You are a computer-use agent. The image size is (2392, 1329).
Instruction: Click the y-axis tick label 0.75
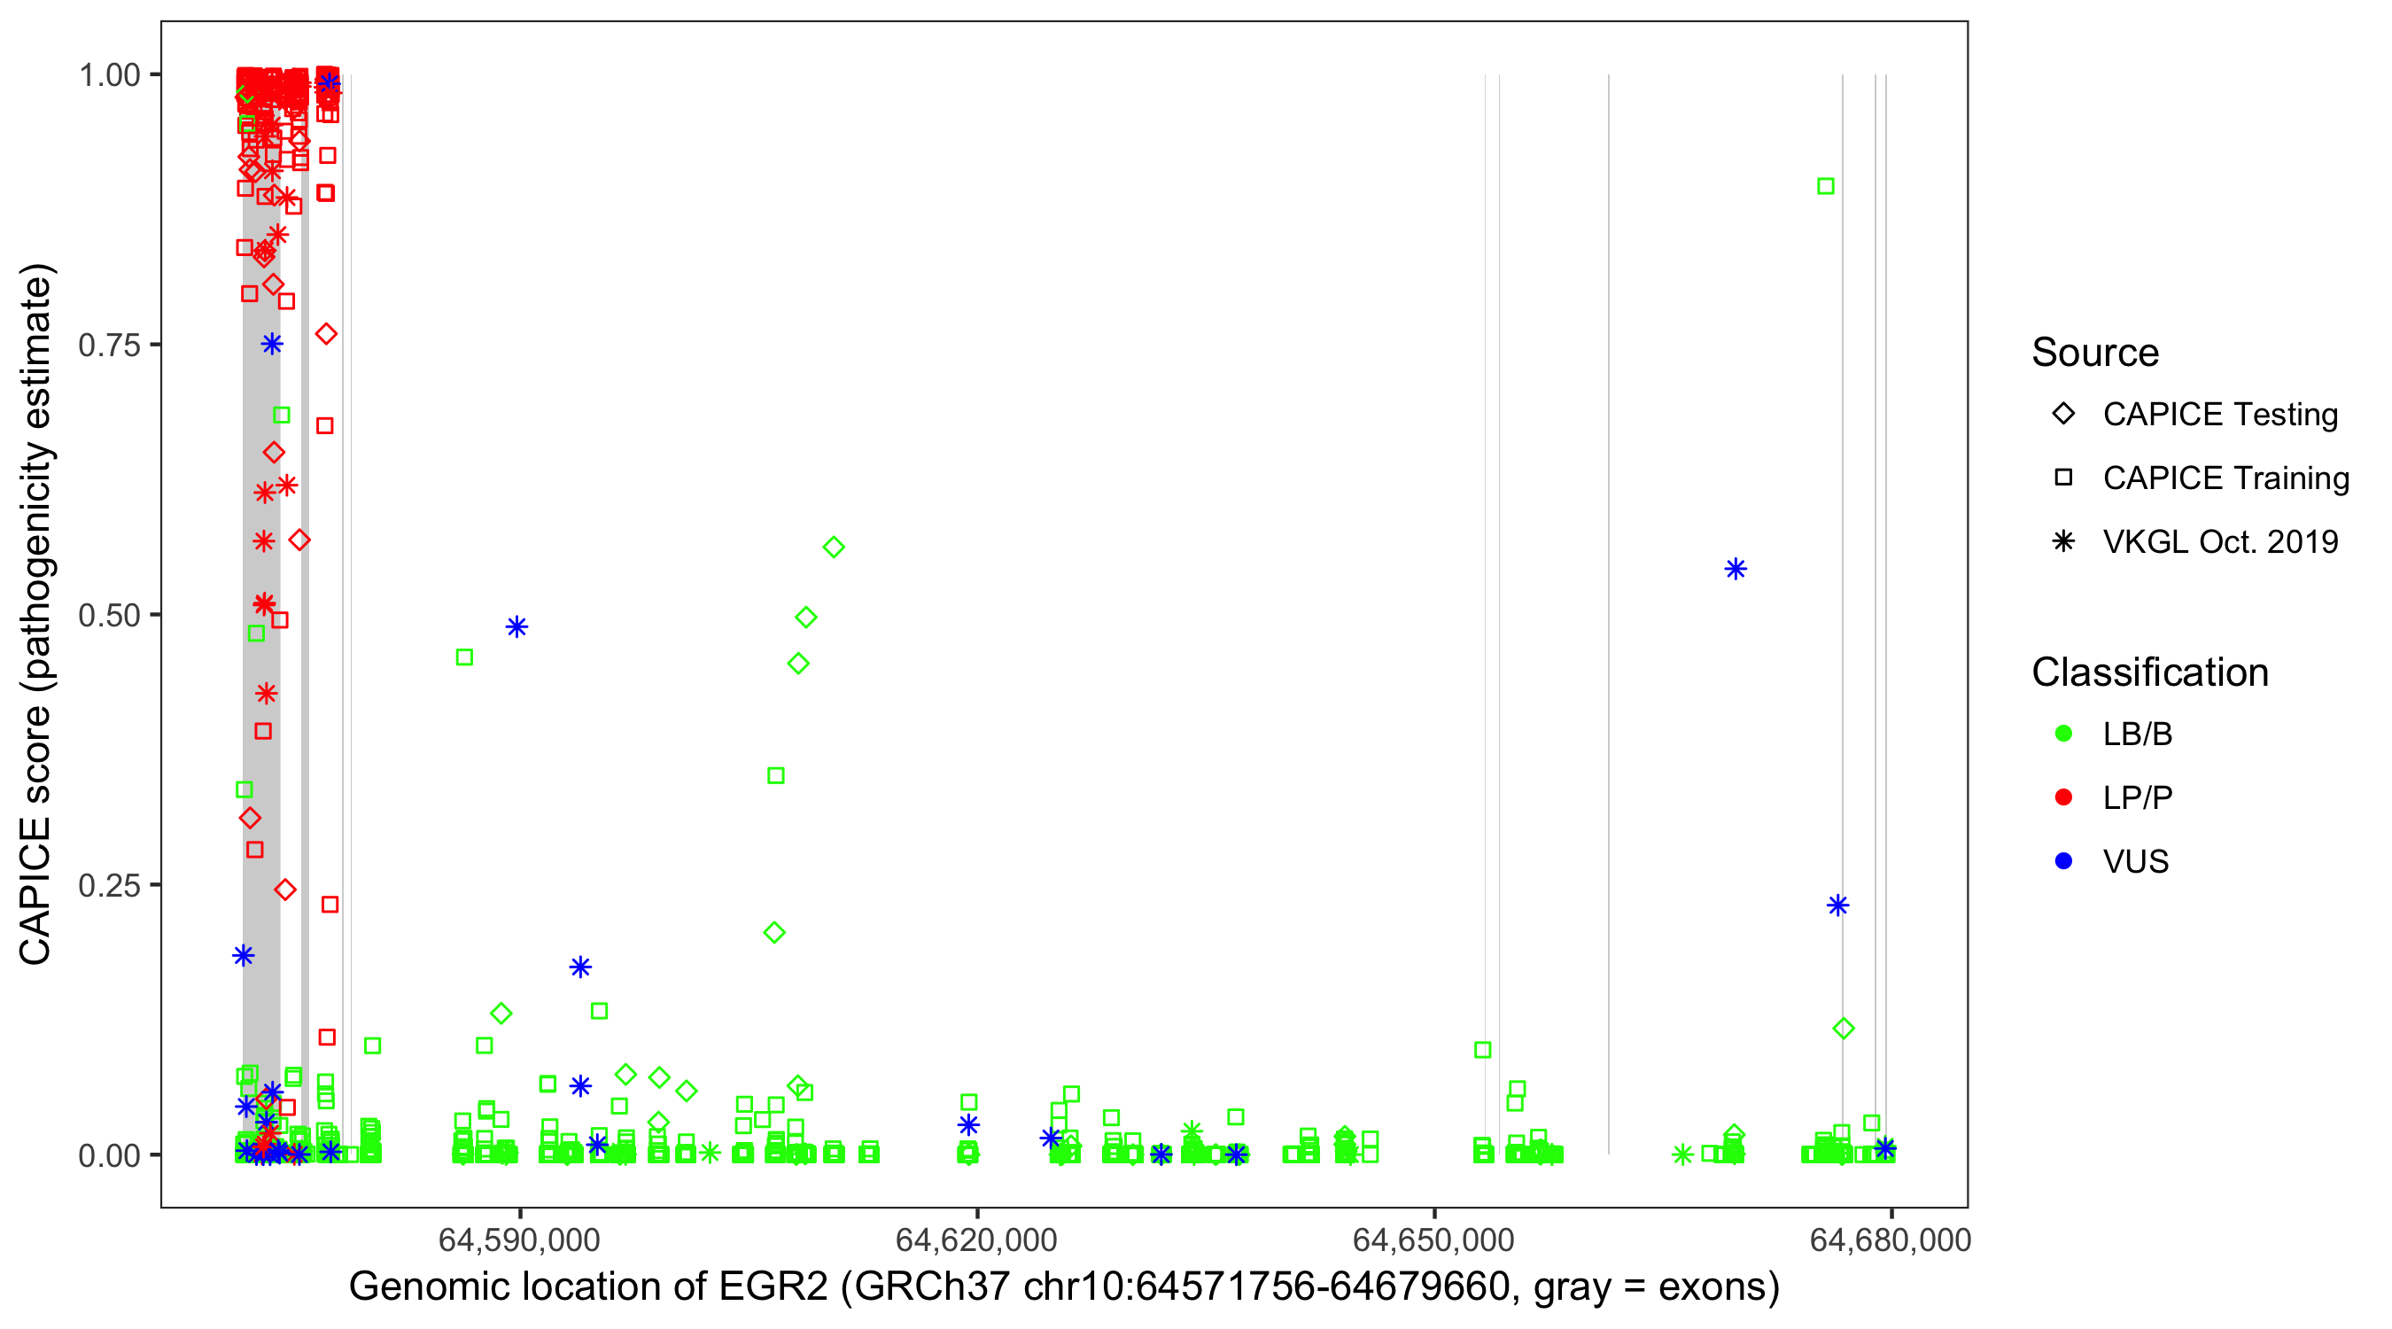coord(109,346)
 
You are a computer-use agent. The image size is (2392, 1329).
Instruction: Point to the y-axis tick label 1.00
coord(109,75)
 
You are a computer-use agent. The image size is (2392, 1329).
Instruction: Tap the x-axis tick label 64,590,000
coord(519,1240)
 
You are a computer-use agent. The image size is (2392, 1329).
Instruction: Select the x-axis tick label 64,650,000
coord(1433,1240)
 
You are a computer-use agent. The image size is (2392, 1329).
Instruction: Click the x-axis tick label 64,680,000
coord(1891,1240)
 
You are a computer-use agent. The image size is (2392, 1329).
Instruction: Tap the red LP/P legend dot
coord(2063,797)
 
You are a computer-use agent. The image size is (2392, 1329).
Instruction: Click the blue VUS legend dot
coord(2063,862)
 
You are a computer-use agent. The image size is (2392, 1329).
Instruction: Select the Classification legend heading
coord(2149,672)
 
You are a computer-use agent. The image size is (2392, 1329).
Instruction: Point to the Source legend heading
coord(2095,353)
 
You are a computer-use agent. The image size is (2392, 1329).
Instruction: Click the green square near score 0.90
coord(1826,187)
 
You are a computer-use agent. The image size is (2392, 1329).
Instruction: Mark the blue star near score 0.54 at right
coord(1736,570)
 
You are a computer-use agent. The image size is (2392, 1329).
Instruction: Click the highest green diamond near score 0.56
coord(834,548)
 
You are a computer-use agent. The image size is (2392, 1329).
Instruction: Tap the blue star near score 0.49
coord(517,628)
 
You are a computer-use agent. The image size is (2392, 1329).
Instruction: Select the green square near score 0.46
coord(465,657)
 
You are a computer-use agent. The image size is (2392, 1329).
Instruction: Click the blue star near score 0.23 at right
coord(1837,905)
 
